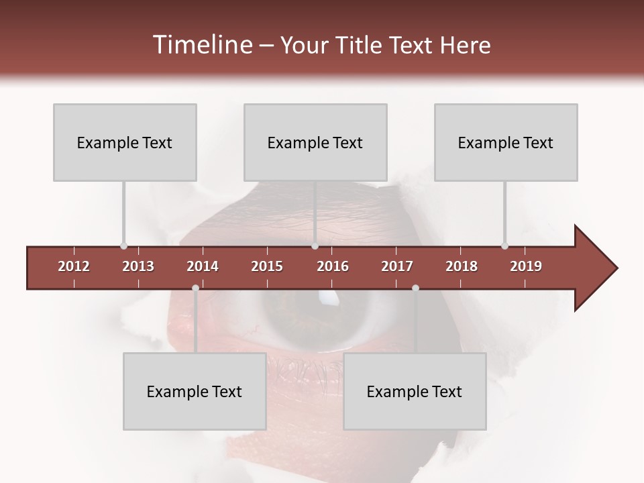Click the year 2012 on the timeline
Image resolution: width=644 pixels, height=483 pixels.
point(74,266)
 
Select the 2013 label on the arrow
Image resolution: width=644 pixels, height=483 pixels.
point(138,266)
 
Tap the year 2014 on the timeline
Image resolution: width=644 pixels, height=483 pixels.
point(203,266)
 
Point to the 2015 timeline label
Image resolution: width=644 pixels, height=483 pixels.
point(267,266)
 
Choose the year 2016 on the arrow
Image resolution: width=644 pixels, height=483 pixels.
point(333,266)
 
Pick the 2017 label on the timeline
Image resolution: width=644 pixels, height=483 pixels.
point(397,266)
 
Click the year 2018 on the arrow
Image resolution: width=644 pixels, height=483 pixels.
point(462,266)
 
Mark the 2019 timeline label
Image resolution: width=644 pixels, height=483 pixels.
point(526,266)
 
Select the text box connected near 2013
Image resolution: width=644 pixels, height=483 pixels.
point(125,142)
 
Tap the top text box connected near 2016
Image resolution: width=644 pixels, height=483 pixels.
point(315,142)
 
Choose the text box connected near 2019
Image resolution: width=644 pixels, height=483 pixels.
point(506,142)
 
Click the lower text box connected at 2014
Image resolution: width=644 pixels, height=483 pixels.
point(195,391)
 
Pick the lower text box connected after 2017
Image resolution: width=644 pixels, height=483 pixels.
point(415,391)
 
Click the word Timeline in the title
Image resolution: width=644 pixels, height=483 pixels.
point(201,45)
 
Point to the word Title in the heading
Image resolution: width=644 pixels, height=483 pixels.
point(362,45)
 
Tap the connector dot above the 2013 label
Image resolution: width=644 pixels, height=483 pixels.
point(123,246)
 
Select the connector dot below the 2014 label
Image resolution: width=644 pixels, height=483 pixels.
point(195,288)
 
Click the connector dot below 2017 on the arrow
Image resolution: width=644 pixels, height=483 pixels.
point(415,288)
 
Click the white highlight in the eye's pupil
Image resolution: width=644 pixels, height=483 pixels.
point(326,295)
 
